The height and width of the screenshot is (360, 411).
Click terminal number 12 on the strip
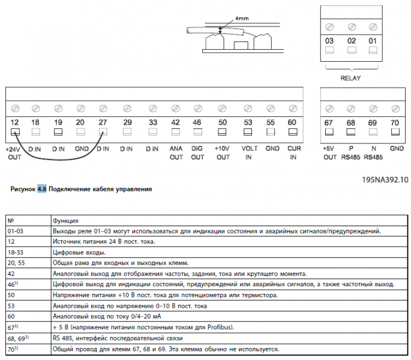[16, 122]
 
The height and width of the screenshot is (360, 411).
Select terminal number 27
[103, 122]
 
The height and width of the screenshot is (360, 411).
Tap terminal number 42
[176, 122]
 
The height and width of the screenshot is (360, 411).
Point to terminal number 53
[247, 122]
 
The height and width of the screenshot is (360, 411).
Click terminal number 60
[292, 122]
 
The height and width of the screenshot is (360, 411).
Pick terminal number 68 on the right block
[351, 122]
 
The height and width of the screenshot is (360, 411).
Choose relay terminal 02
[351, 40]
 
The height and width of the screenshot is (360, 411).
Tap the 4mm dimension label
[242, 19]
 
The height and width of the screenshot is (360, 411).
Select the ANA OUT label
[176, 152]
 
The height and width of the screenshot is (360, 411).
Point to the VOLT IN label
[248, 152]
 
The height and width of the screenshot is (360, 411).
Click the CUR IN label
[293, 152]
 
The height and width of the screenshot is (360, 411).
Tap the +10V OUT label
[223, 152]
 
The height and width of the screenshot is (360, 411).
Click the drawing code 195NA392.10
[385, 179]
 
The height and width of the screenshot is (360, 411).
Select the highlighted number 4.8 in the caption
[42, 188]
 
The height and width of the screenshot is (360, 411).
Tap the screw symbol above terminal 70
[395, 109]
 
